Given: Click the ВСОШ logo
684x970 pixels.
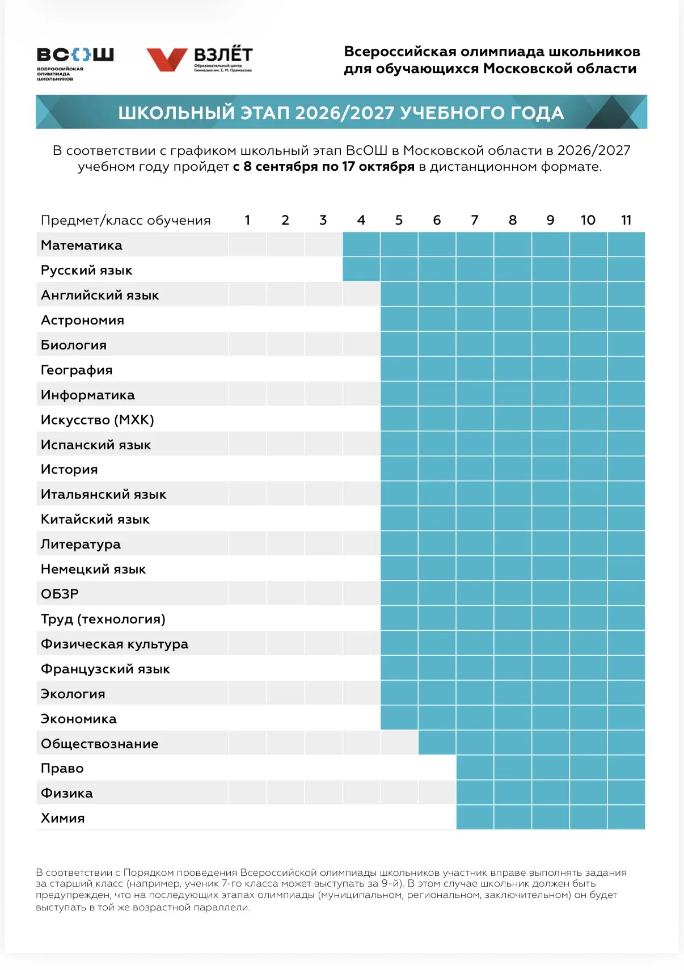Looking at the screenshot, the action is pyautogui.click(x=75, y=64).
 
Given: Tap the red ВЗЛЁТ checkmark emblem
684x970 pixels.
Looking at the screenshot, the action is pyautogui.click(x=167, y=60).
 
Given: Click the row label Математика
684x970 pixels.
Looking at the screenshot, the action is pyautogui.click(x=81, y=245).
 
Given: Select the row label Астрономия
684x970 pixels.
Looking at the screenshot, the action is pyautogui.click(x=82, y=320).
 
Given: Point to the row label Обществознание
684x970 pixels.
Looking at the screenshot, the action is pyautogui.click(x=100, y=744).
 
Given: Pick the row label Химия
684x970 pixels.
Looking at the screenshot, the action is pyautogui.click(x=63, y=818).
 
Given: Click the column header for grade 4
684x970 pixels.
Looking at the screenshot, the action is pyautogui.click(x=361, y=220).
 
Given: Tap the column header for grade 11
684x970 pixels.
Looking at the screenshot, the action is pyautogui.click(x=626, y=220).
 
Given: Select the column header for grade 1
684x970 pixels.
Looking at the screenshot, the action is pyautogui.click(x=247, y=220).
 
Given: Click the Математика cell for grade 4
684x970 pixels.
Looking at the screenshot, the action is pyautogui.click(x=361, y=244).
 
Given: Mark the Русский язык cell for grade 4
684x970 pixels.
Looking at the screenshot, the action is pyautogui.click(x=361, y=269).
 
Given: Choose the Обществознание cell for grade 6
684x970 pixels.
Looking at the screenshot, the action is pyautogui.click(x=437, y=743).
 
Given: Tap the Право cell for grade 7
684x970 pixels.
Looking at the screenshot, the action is pyautogui.click(x=475, y=767).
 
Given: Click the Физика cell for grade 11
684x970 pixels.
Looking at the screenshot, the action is pyautogui.click(x=626, y=792).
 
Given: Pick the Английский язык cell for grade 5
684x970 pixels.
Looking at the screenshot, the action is pyautogui.click(x=399, y=294).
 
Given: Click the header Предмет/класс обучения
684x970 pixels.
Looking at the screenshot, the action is pyautogui.click(x=125, y=221).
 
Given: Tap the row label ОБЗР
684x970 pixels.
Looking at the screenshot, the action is pyautogui.click(x=60, y=594).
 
